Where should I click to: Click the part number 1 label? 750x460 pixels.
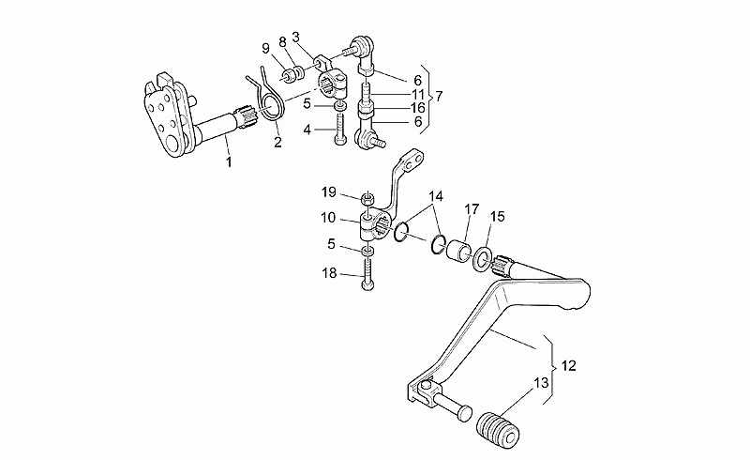[x=229, y=162]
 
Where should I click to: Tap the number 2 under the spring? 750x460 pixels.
[x=277, y=143]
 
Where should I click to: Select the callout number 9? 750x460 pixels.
[x=265, y=49]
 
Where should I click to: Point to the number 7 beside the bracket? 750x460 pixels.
[x=438, y=96]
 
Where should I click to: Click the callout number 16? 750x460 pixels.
[x=417, y=108]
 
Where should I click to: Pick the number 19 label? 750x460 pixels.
[x=329, y=192]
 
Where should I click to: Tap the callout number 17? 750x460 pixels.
[x=472, y=209]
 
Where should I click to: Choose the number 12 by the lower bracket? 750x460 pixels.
[x=568, y=365]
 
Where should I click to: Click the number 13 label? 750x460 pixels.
[x=541, y=383]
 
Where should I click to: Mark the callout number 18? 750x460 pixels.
[x=329, y=273]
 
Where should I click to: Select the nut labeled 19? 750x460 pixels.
[x=367, y=197]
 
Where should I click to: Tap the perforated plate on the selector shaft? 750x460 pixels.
[x=165, y=115]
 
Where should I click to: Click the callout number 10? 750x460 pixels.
[x=328, y=218]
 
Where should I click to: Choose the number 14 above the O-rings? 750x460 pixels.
[x=436, y=196]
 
